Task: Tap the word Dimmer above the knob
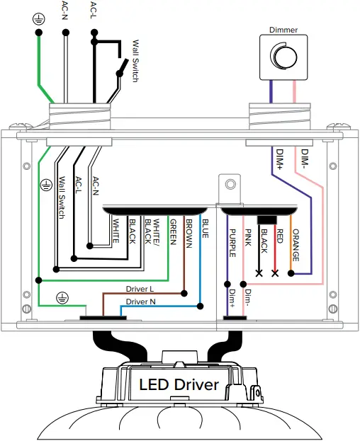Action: pyautogui.click(x=283, y=30)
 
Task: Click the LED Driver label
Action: pyautogui.click(x=179, y=384)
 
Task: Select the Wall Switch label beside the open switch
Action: pyautogui.click(x=135, y=61)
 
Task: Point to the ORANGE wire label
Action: pyautogui.click(x=296, y=245)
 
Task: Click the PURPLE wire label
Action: pyautogui.click(x=232, y=243)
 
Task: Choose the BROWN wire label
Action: pyautogui.click(x=189, y=234)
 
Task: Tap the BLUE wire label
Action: pyautogui.click(x=206, y=229)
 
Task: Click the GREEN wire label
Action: pyautogui.click(x=173, y=232)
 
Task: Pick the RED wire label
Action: pyautogui.click(x=279, y=236)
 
